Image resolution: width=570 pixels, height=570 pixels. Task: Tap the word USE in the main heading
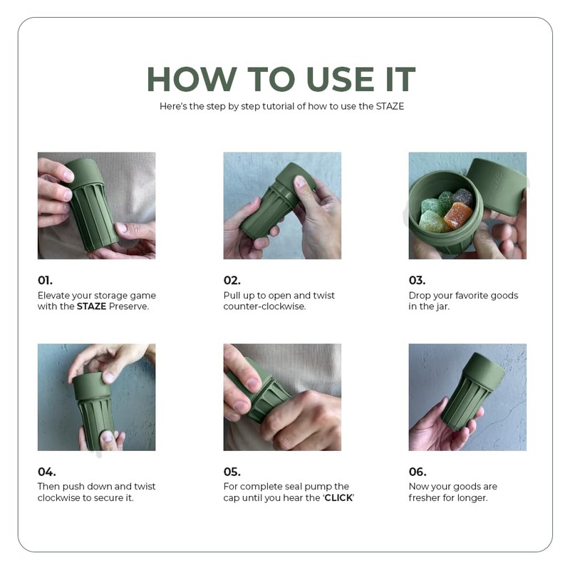pos(341,79)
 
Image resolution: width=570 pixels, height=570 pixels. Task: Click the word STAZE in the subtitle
pos(390,106)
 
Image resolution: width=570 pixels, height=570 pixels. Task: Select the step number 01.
pos(45,280)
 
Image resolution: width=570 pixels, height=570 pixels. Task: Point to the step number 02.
pos(232,280)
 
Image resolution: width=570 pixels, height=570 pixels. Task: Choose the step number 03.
pos(417,280)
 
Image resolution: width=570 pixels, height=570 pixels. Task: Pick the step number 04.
pos(47,472)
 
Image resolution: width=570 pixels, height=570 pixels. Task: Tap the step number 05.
pos(232,472)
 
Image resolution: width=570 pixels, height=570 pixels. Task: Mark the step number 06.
pos(418,472)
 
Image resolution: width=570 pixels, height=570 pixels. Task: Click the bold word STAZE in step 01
pos(91,306)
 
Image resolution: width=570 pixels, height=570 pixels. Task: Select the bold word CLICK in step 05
pos(338,497)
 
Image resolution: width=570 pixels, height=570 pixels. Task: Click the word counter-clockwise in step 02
pos(264,306)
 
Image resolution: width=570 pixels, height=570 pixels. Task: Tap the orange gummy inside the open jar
pos(457,216)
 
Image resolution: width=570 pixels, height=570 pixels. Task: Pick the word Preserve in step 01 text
pos(129,306)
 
